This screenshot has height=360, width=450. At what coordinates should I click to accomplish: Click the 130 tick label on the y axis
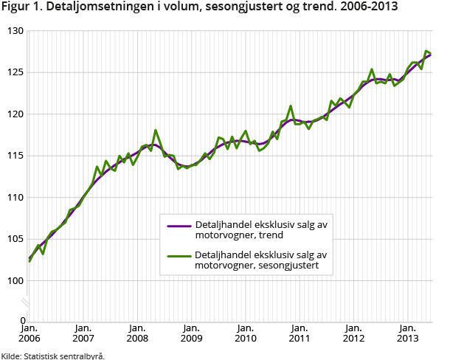click(15, 31)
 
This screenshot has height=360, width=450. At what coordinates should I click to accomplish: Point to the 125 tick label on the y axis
click(15, 72)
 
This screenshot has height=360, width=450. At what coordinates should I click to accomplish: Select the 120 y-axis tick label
click(15, 114)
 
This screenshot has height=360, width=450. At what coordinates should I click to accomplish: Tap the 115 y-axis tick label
click(15, 156)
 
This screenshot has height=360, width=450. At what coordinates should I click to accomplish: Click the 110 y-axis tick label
click(15, 198)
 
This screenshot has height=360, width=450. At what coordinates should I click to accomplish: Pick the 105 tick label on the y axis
click(15, 239)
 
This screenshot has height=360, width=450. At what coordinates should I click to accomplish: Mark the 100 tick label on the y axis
click(15, 281)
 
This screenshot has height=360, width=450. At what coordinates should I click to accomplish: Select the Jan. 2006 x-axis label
click(30, 333)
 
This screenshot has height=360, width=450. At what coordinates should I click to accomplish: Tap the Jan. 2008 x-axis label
click(137, 333)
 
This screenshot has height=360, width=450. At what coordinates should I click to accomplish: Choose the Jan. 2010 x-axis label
click(245, 333)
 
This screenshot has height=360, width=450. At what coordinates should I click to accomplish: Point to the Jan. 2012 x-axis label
click(353, 333)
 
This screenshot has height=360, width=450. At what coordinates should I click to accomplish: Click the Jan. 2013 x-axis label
click(406, 333)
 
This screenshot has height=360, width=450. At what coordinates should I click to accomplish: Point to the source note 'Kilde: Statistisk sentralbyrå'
click(52, 355)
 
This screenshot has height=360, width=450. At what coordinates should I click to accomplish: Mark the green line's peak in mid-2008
click(156, 131)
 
